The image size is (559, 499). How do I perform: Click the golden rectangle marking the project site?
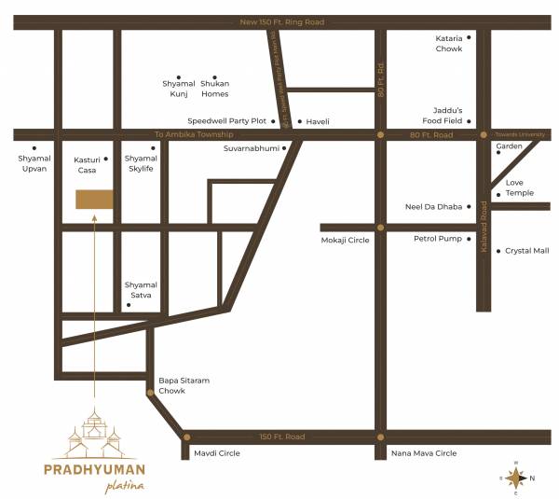coord(94,199)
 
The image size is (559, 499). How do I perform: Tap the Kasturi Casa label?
coord(86,164)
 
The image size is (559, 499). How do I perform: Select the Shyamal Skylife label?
coord(141,164)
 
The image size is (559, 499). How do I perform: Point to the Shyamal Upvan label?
coord(33,164)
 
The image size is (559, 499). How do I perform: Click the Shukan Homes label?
coord(215,89)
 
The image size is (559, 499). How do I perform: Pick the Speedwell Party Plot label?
coord(226,121)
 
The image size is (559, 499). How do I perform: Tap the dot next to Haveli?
coord(299,121)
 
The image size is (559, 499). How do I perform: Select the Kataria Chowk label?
coord(448,43)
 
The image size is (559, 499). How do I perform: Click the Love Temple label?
coord(519,187)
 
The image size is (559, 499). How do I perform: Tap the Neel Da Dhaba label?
coord(433,206)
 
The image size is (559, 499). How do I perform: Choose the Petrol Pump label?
coord(438,239)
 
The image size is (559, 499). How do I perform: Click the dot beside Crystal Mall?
coord(498,251)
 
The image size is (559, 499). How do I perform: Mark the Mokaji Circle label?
coord(346,241)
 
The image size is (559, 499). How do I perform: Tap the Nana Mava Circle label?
coord(424,453)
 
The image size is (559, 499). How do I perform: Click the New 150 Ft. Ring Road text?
coord(281,21)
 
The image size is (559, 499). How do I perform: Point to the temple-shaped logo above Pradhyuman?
coord(95,431)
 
